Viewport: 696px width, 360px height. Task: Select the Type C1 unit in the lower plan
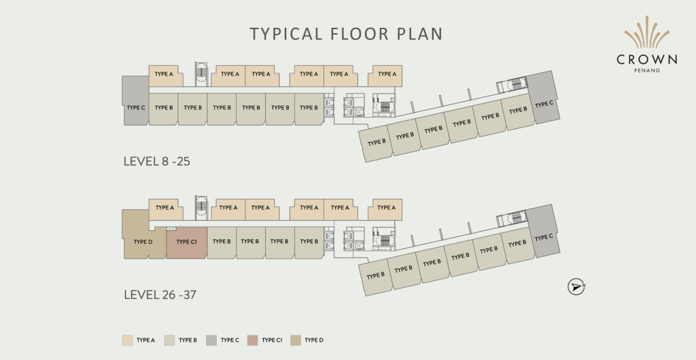point(186,242)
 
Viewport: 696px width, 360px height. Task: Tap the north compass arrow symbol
point(576,287)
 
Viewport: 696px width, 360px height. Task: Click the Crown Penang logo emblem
point(647,33)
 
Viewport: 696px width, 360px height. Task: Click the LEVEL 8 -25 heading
point(157,162)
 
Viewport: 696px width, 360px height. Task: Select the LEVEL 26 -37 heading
point(160,294)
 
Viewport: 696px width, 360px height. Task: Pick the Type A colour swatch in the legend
point(127,340)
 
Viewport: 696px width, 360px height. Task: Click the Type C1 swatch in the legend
point(253,340)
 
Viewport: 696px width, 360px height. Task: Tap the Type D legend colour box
point(296,340)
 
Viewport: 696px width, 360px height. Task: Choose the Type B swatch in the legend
point(169,340)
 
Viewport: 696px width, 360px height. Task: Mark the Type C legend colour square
point(211,340)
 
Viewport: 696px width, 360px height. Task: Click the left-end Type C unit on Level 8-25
point(135,101)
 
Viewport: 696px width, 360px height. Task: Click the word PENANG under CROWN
point(647,70)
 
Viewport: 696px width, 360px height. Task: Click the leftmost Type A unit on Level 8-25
point(165,75)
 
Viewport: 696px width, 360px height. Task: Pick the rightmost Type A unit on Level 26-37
point(385,209)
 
